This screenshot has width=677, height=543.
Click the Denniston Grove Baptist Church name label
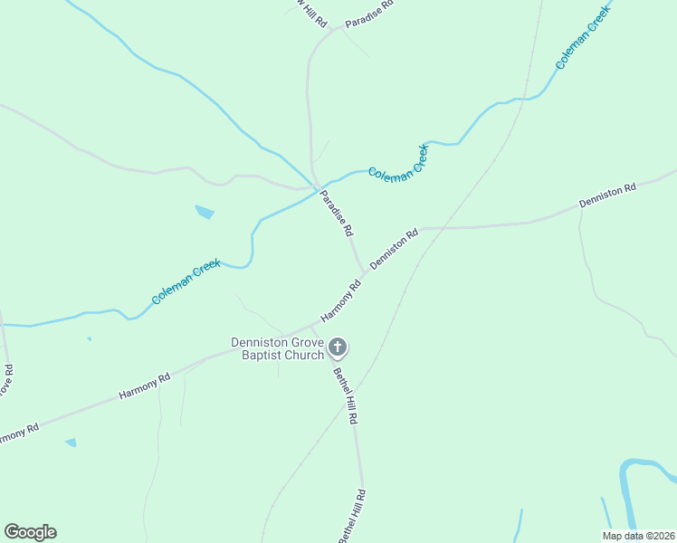(x=277, y=348)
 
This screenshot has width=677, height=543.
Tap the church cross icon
(x=338, y=347)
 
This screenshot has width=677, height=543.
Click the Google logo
(x=30, y=532)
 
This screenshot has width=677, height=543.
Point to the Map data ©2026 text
(x=638, y=536)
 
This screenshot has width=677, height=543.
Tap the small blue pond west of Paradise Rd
(x=205, y=213)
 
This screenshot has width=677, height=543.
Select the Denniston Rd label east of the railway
(x=608, y=196)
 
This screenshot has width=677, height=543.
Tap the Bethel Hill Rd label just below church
(x=345, y=396)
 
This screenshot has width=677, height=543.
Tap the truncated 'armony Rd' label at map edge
(x=18, y=433)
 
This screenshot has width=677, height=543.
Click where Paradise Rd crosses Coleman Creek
(x=317, y=187)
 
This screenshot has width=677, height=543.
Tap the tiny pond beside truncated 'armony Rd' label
(x=71, y=443)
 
